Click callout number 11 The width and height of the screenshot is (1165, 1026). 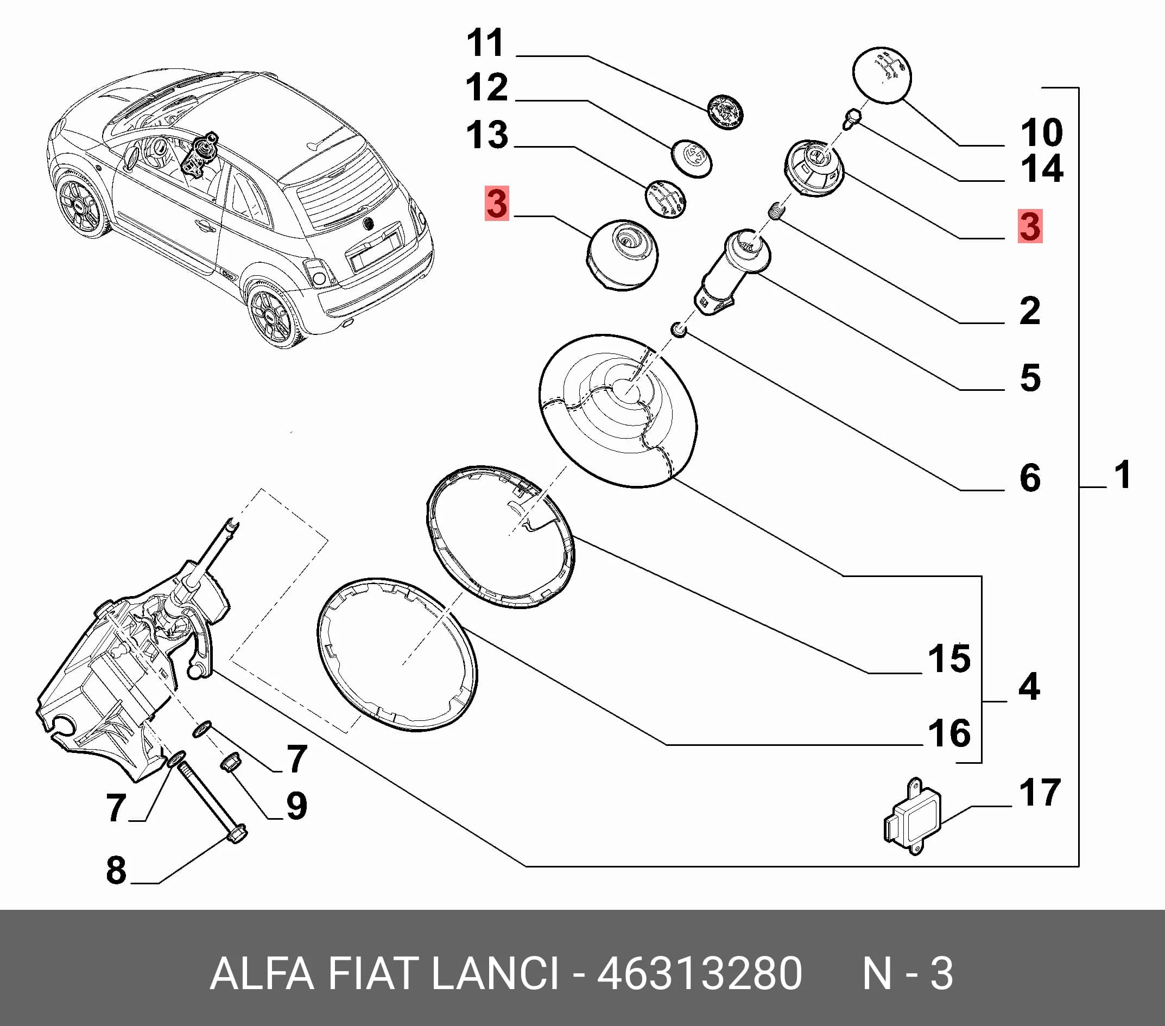click(x=486, y=43)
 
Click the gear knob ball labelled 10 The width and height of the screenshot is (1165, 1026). click(x=882, y=75)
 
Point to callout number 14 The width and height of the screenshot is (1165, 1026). click(x=1041, y=169)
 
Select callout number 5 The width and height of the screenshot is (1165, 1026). click(x=1030, y=377)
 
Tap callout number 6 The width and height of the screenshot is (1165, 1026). click(x=1030, y=478)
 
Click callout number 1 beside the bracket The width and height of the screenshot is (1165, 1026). click(x=1122, y=474)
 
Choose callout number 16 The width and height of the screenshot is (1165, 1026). click(x=949, y=733)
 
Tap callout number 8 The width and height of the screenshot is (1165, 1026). click(x=116, y=870)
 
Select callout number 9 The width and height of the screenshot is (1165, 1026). click(x=296, y=806)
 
